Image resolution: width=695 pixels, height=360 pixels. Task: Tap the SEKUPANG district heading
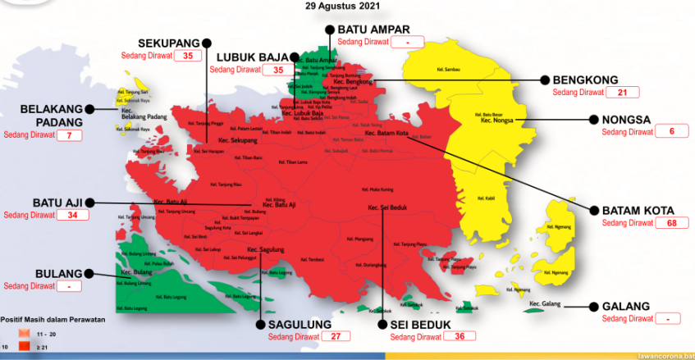pos(169,42)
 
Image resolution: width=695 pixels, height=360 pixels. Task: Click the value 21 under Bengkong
pos(622,93)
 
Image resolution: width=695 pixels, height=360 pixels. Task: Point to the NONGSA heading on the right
pos(626,119)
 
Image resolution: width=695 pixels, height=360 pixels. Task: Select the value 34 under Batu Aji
pos(72,216)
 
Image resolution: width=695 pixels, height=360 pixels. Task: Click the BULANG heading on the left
pos(58,273)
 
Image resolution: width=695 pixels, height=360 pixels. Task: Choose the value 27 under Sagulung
pos(335,336)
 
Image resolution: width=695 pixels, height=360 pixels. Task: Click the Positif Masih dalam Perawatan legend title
pos(53,319)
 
